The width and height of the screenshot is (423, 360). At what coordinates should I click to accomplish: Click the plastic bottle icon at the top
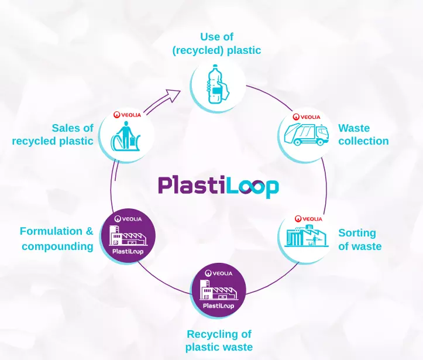click(x=216, y=84)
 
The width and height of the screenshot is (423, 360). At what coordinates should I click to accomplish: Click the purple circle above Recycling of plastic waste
click(x=218, y=290)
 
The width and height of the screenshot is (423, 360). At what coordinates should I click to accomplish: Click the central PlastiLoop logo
click(x=218, y=186)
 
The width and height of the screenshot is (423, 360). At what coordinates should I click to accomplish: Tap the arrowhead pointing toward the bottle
click(x=174, y=94)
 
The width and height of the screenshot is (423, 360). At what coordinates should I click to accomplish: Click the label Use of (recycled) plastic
click(x=216, y=44)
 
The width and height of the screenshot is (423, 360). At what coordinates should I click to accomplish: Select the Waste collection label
click(x=363, y=135)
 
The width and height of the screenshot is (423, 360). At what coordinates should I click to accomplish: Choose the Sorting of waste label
click(x=359, y=239)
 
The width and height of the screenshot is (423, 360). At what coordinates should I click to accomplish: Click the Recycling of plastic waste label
click(x=219, y=341)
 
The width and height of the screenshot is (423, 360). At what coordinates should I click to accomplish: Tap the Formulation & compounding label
click(x=57, y=238)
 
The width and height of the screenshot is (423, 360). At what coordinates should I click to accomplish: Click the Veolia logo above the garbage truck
click(x=304, y=117)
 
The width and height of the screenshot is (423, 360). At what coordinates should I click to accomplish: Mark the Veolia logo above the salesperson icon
click(x=127, y=115)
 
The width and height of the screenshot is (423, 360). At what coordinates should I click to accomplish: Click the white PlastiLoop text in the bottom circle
click(x=218, y=306)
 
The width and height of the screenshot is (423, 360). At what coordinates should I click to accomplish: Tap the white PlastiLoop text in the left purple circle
click(x=128, y=252)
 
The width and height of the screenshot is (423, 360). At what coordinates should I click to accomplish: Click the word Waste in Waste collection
click(x=354, y=128)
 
